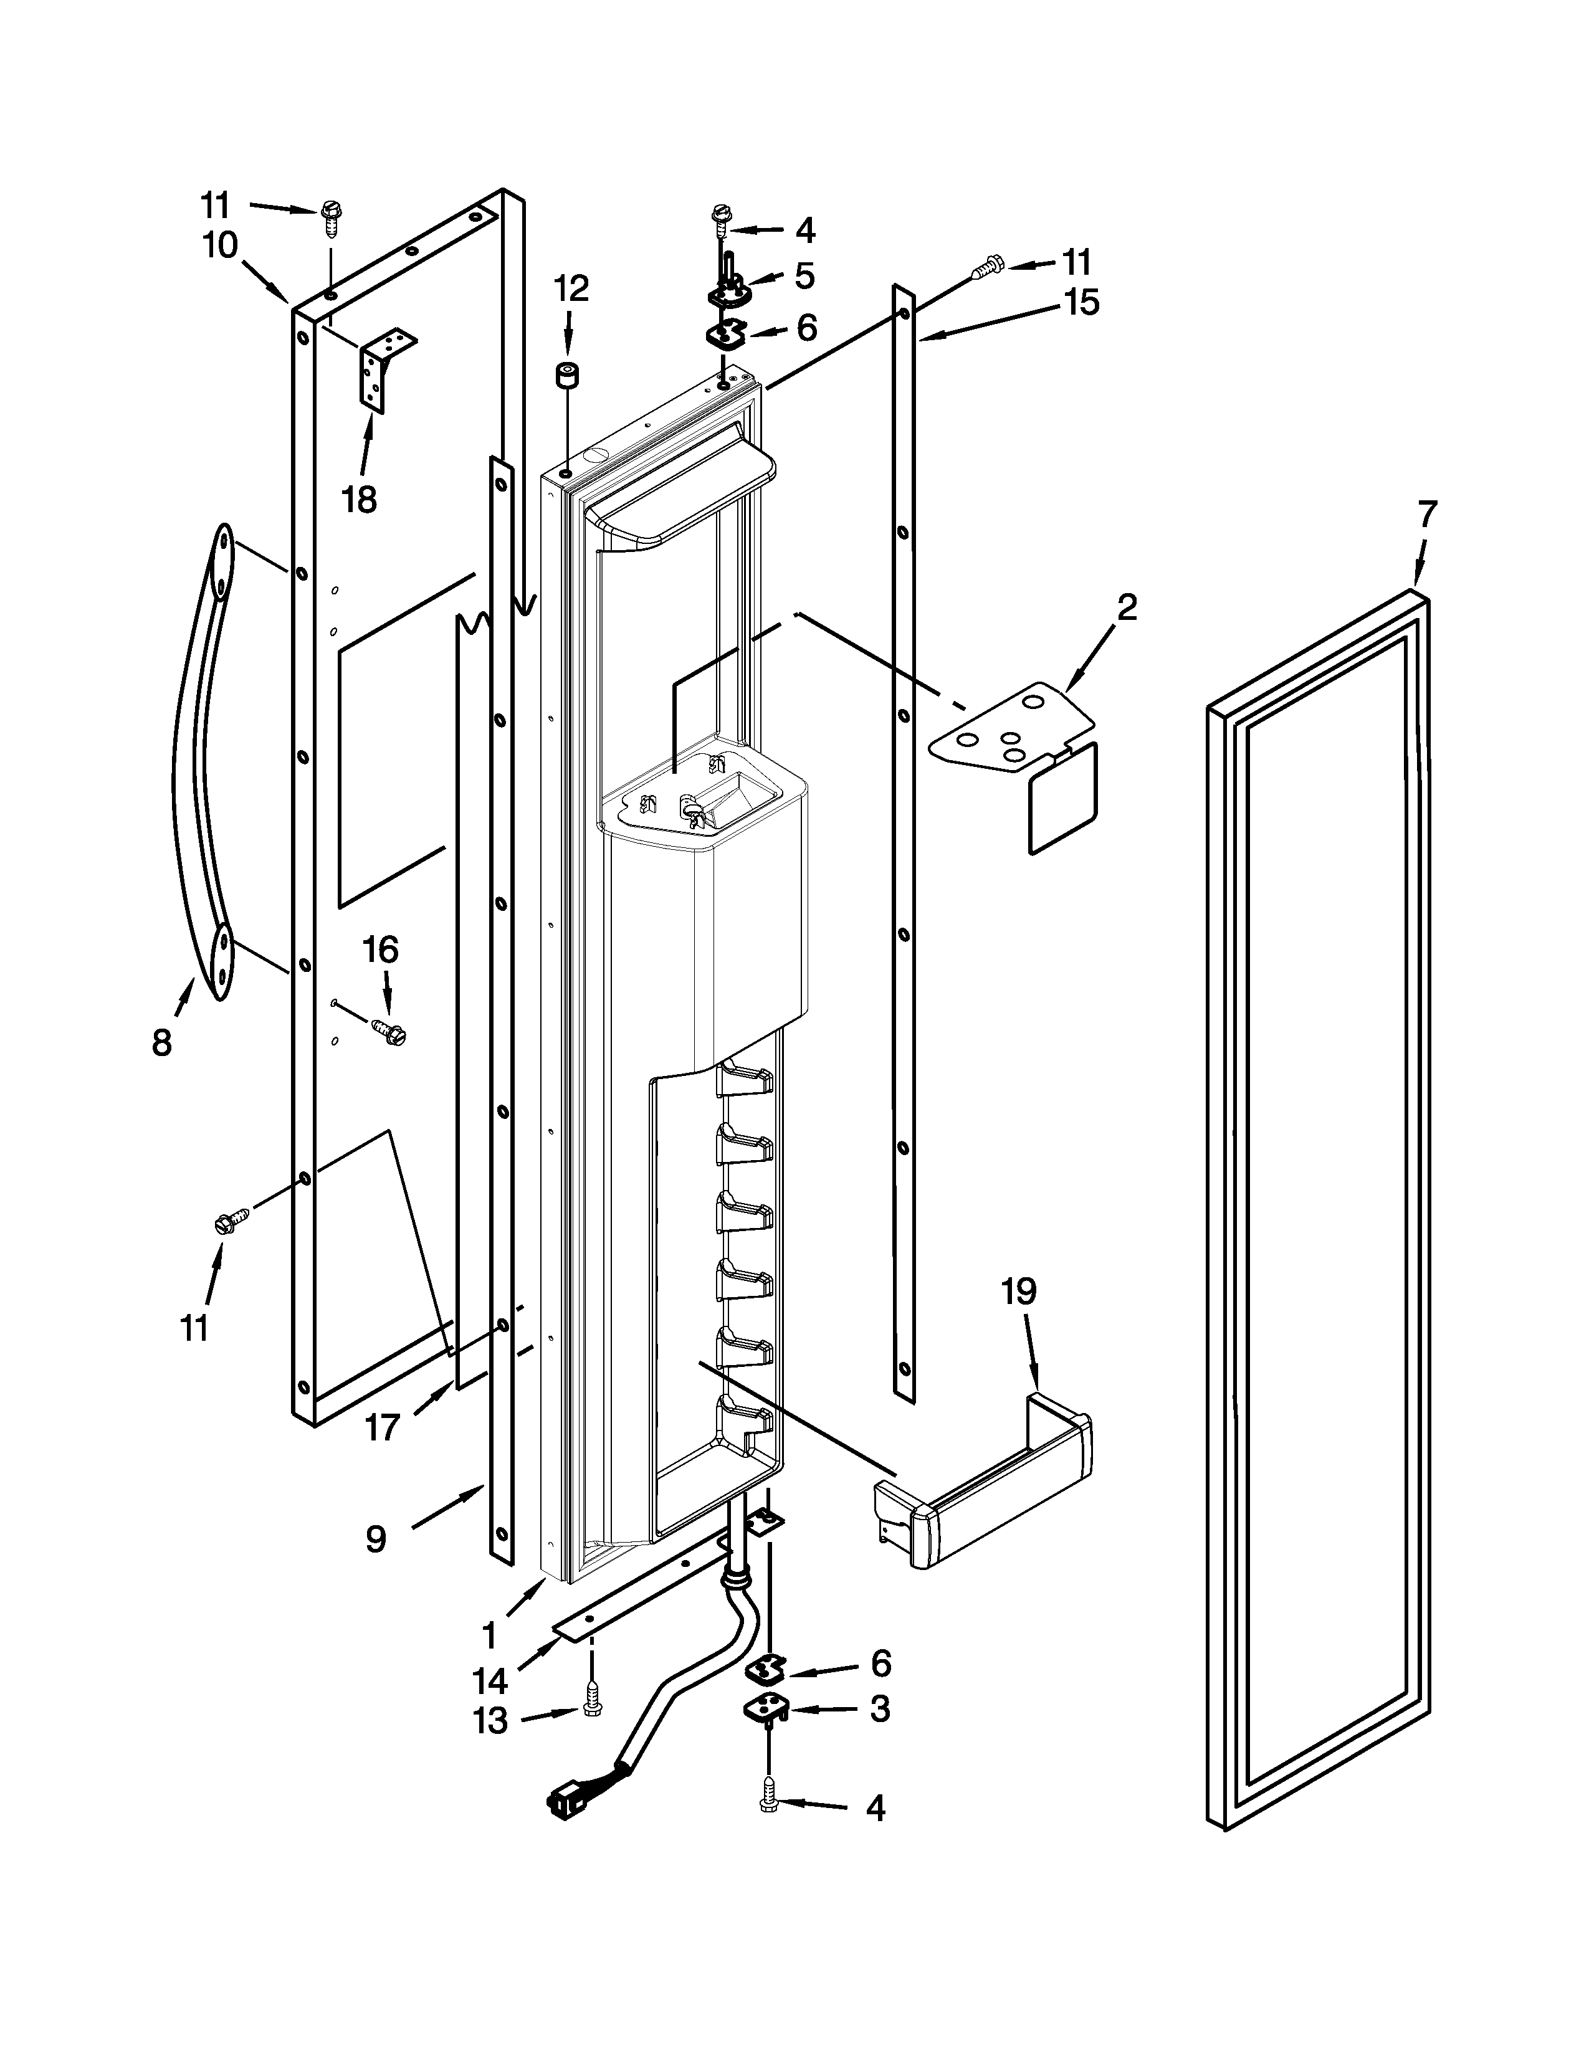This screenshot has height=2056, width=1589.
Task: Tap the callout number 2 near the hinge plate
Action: pos(1127,607)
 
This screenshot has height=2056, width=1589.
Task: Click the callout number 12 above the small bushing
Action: pos(570,288)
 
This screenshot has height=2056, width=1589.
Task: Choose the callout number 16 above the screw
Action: pos(380,950)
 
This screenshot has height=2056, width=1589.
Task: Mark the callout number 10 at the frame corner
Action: pos(220,247)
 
